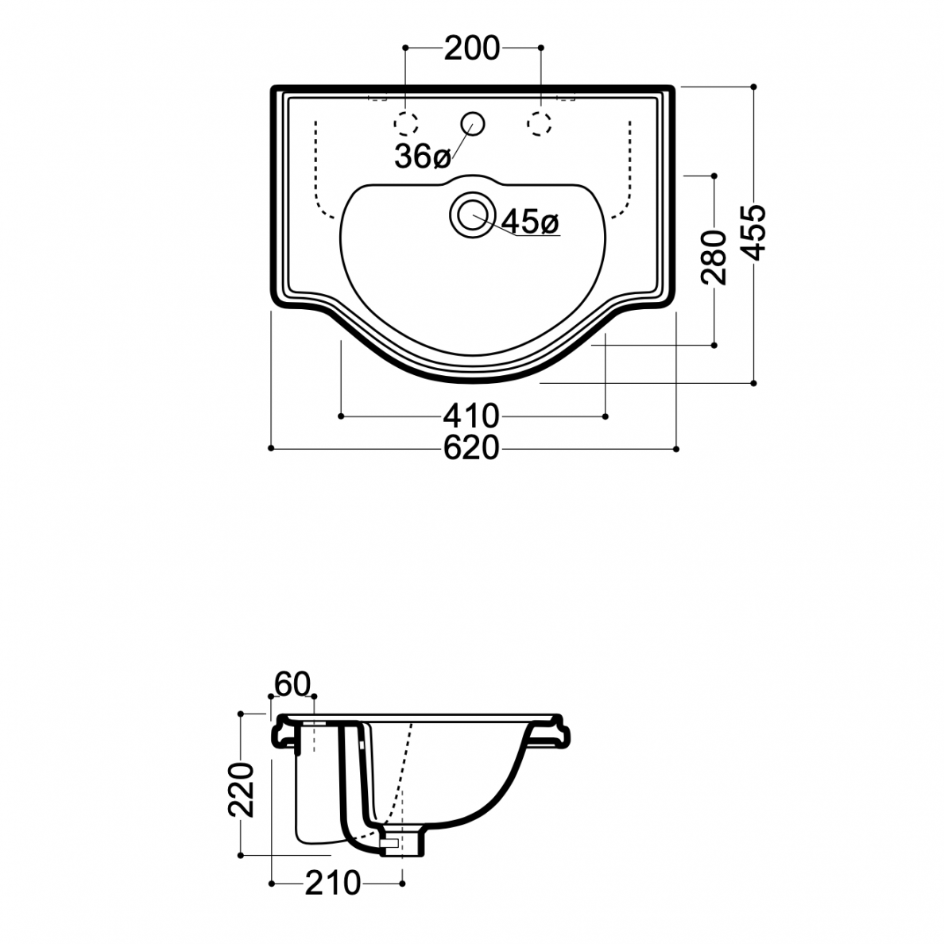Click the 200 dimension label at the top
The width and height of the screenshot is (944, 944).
[x=472, y=48]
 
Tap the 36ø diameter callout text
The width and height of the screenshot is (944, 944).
[x=423, y=157]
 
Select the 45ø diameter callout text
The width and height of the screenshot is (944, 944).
[x=530, y=222]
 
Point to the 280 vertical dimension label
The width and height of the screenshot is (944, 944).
[x=714, y=257]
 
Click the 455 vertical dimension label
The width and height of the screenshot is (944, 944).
[x=753, y=232]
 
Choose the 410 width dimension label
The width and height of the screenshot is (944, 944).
[x=472, y=416]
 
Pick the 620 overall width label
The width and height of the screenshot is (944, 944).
[x=472, y=448]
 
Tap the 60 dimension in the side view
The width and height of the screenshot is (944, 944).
[x=292, y=684]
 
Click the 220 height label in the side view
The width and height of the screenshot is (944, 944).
[x=241, y=789]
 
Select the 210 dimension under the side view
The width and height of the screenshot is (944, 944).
[x=333, y=883]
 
